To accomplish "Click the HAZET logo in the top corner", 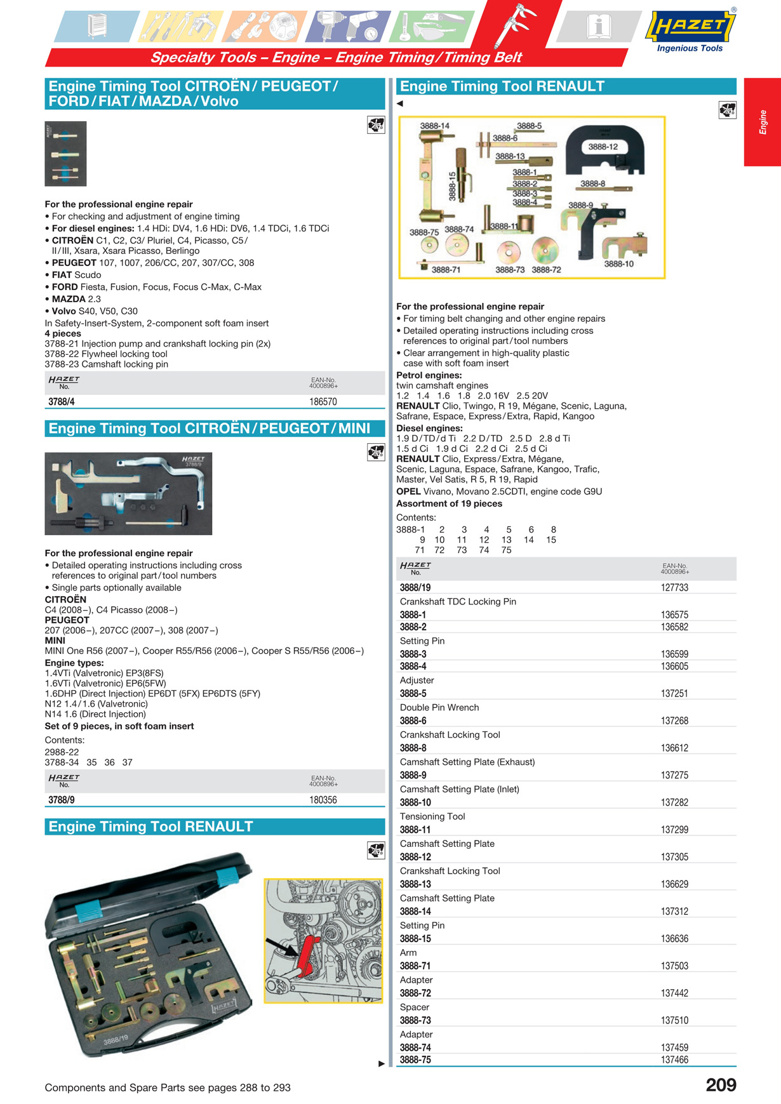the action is click(x=690, y=27).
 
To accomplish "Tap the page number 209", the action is click(x=721, y=1085).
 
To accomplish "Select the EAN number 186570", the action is click(x=323, y=402).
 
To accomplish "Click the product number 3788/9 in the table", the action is click(x=62, y=800).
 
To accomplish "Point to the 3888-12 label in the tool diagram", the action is click(x=603, y=147).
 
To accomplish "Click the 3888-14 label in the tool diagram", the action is click(x=434, y=126).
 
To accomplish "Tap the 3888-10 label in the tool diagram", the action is click(x=618, y=264).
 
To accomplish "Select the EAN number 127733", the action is click(x=674, y=588).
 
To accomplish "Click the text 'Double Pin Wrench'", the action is click(x=439, y=707).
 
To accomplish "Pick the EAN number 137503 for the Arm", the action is click(x=674, y=966).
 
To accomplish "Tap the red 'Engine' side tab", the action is click(x=763, y=122).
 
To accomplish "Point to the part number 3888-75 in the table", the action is click(x=415, y=1060).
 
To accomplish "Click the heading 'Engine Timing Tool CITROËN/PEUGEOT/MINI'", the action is click(x=210, y=429).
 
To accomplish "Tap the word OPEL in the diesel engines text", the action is click(x=408, y=491).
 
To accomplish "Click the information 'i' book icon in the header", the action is click(x=598, y=27).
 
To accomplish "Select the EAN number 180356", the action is click(x=323, y=800).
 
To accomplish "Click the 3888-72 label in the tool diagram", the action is click(x=547, y=270).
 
